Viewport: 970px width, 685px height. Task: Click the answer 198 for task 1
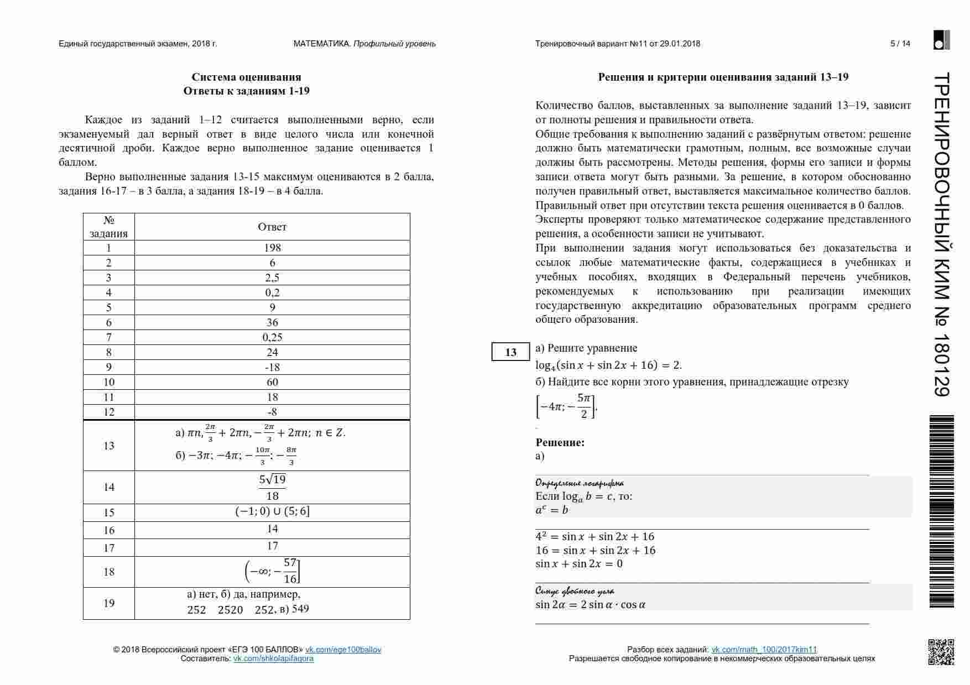[272, 248]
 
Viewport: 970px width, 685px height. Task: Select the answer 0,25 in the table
[272, 337]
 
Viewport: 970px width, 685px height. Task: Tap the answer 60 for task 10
[272, 382]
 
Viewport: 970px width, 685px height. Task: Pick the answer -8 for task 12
[272, 412]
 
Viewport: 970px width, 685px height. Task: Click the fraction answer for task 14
[272, 487]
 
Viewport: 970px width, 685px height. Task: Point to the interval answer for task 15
[272, 512]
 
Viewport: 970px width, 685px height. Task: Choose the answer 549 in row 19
[300, 609]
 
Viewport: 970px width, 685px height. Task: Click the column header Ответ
[272, 227]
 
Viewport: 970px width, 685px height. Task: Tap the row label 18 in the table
[109, 572]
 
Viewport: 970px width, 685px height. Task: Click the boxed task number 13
[510, 352]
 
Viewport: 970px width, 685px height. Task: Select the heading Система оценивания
[246, 77]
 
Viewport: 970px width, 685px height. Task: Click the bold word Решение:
[560, 442]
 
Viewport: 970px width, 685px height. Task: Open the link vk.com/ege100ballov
[343, 650]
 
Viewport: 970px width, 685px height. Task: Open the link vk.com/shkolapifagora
[273, 658]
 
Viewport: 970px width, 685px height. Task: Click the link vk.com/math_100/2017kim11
[764, 650]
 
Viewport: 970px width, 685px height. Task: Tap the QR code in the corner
[941, 652]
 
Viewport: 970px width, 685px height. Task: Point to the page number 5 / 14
[900, 44]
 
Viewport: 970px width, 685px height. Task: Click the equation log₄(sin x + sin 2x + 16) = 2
[608, 365]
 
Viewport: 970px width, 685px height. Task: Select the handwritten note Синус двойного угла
[575, 591]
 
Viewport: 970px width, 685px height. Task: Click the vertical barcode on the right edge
[941, 511]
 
